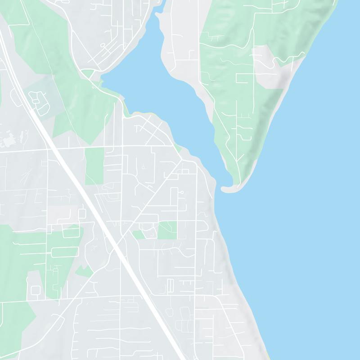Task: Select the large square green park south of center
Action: click(167, 230)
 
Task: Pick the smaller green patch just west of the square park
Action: click(139, 234)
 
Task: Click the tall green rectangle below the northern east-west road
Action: click(94, 166)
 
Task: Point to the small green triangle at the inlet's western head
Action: click(88, 74)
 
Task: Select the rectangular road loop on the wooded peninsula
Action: click(245, 78)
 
